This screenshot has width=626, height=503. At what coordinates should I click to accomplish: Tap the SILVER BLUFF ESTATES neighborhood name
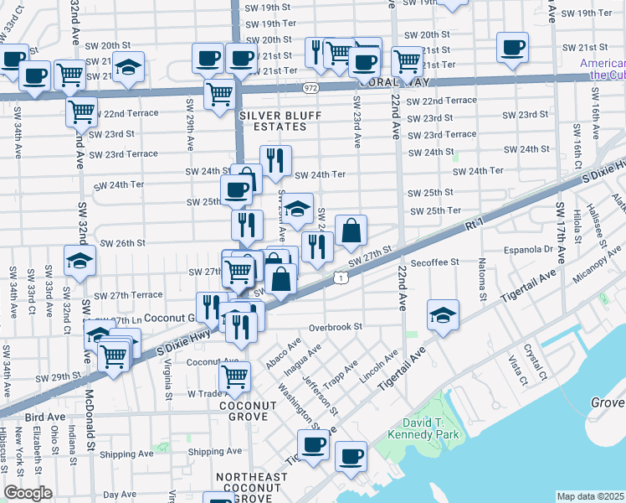273,121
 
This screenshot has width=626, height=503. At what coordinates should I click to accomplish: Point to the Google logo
27,493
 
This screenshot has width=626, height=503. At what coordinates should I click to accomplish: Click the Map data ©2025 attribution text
591,496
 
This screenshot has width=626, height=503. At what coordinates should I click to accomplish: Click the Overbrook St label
334,327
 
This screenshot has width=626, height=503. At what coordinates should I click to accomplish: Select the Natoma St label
483,284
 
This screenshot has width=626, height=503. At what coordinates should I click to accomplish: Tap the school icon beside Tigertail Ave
443,315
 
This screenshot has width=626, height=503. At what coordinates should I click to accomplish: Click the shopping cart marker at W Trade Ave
234,376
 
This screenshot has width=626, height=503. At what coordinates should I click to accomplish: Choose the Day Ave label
120,495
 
